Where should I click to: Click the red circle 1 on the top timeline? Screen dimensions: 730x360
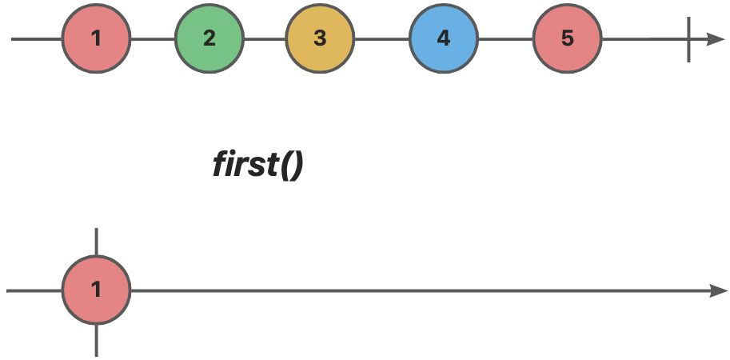click(97, 38)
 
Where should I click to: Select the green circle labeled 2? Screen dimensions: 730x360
click(209, 38)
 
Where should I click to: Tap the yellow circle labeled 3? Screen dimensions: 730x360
click(320, 38)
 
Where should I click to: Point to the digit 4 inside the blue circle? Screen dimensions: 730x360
click(444, 38)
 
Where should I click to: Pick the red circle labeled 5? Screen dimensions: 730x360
click(568, 38)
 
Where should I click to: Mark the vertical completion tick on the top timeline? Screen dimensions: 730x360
click(688, 39)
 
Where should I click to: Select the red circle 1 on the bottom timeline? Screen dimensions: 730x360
click(97, 290)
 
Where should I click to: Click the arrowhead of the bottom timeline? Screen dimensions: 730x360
click(717, 290)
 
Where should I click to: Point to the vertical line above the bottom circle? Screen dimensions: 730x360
click(97, 242)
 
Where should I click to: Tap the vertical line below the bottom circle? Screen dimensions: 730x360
click(97, 341)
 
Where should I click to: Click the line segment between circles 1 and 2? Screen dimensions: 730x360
click(153, 39)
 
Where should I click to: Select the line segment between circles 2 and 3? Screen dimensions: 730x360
click(265, 39)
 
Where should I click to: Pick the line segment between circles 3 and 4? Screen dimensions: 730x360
click(381, 39)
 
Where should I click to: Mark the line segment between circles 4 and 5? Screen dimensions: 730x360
click(505, 39)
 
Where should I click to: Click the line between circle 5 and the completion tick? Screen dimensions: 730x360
click(644, 39)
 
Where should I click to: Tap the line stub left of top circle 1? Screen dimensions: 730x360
click(37, 39)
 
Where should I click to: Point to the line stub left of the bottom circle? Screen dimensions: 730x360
click(34, 290)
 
